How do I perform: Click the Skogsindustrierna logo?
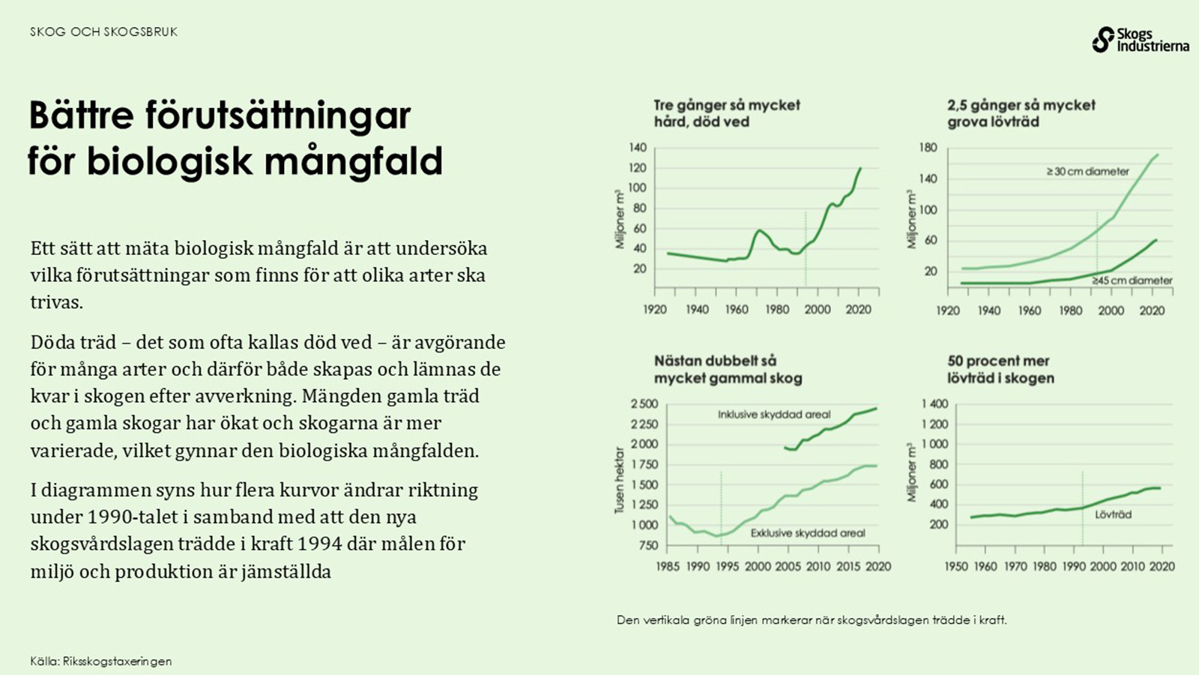pos(1140,40)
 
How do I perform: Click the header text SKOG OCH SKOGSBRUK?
pos(104,31)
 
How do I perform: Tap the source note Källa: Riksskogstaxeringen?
pos(101,661)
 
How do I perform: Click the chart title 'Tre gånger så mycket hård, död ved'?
pos(726,113)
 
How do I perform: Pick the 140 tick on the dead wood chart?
pos(638,148)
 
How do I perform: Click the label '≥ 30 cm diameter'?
pos(1087,172)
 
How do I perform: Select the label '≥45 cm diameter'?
pos(1132,280)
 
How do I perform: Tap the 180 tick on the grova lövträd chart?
pos(928,148)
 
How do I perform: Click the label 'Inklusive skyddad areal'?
pos(774,414)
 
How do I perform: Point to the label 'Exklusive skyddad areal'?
pos(808,533)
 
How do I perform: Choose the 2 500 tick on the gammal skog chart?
pos(644,403)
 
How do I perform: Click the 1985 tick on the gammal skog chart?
pos(667,566)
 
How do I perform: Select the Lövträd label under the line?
pos(1113,514)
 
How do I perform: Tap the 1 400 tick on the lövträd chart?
pos(934,403)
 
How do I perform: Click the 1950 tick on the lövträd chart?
pos(955,566)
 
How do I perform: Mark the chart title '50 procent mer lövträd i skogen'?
pos(1000,370)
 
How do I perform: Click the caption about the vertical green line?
pos(812,620)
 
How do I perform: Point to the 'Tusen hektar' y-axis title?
pos(620,481)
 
